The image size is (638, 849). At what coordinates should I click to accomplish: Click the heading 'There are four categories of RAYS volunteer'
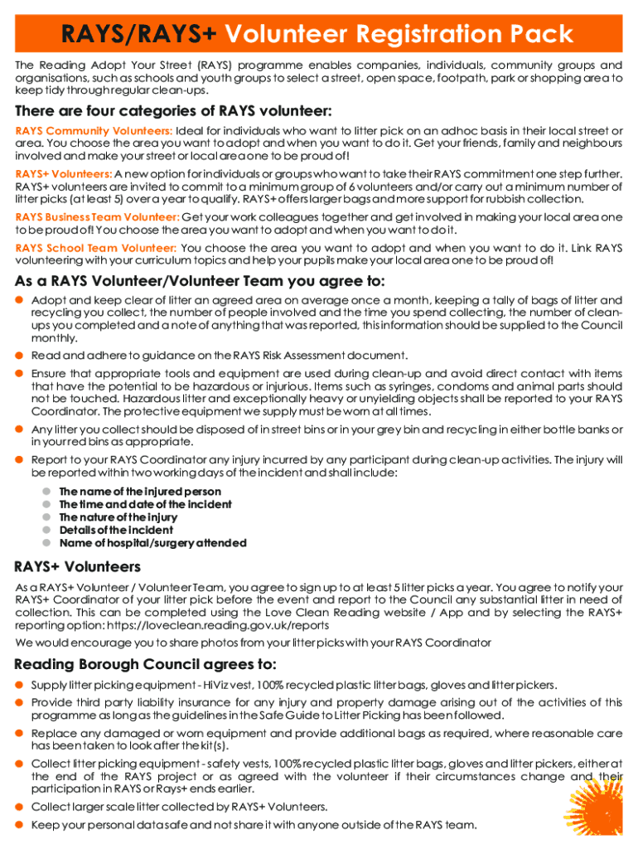click(x=174, y=111)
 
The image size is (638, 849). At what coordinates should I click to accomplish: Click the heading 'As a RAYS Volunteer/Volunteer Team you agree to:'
click(x=200, y=281)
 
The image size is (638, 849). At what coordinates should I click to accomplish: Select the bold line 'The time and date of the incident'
click(x=145, y=504)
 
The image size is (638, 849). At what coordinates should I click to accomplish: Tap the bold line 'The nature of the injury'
click(x=118, y=517)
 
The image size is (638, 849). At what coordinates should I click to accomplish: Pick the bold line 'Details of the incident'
click(x=116, y=530)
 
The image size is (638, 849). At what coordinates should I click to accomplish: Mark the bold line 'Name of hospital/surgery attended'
click(x=152, y=543)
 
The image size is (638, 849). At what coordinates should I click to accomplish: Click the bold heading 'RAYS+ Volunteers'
click(x=78, y=568)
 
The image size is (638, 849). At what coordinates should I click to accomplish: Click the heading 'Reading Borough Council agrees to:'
click(x=146, y=665)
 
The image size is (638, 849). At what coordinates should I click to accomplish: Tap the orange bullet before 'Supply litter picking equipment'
click(x=19, y=685)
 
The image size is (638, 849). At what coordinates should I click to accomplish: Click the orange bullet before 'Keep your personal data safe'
click(x=19, y=824)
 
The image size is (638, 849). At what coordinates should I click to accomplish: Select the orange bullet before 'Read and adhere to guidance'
click(x=19, y=355)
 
